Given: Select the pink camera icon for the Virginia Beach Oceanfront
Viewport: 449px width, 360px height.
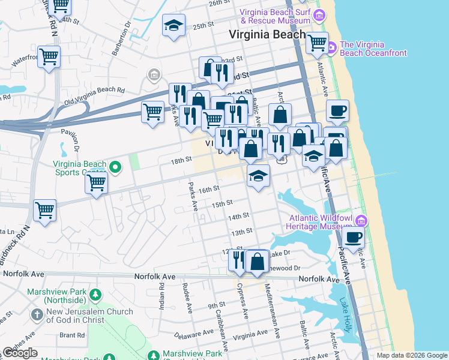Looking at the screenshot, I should pyautogui.click(x=331, y=46).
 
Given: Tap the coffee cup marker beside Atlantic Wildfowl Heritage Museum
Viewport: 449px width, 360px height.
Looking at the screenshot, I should pyautogui.click(x=354, y=236).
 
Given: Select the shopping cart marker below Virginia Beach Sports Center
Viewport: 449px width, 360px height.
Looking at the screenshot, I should pyautogui.click(x=96, y=183).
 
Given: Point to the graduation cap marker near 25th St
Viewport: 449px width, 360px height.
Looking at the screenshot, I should pyautogui.click(x=173, y=26).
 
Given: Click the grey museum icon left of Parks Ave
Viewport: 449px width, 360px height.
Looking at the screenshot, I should pyautogui.click(x=154, y=75).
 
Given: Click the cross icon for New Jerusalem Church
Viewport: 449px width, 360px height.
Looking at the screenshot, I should pyautogui.click(x=37, y=314).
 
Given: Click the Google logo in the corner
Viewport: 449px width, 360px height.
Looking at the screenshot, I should pyautogui.click(x=20, y=353).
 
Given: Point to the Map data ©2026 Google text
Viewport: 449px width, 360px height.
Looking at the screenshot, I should pyautogui.click(x=411, y=355).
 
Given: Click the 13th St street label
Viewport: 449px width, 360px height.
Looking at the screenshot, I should pyautogui.click(x=241, y=232).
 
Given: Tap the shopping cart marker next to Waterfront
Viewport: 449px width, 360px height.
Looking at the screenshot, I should pyautogui.click(x=49, y=58).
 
